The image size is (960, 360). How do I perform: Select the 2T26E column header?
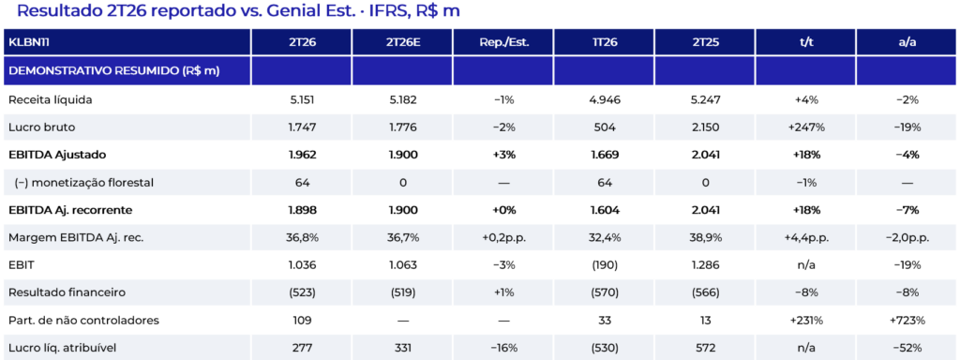(x=401, y=42)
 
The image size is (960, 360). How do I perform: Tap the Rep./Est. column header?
(x=502, y=42)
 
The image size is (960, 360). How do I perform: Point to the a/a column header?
(x=907, y=42)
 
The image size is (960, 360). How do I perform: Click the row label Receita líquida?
(x=51, y=99)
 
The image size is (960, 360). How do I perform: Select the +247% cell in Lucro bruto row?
(x=805, y=127)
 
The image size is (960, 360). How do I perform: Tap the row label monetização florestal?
(x=83, y=182)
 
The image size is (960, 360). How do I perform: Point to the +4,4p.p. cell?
(x=805, y=238)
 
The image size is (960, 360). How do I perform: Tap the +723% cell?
(x=907, y=321)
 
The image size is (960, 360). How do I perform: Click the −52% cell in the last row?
(x=907, y=349)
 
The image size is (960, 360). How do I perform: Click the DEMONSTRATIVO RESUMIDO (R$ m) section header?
(x=113, y=71)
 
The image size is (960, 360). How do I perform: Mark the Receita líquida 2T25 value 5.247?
(x=704, y=99)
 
